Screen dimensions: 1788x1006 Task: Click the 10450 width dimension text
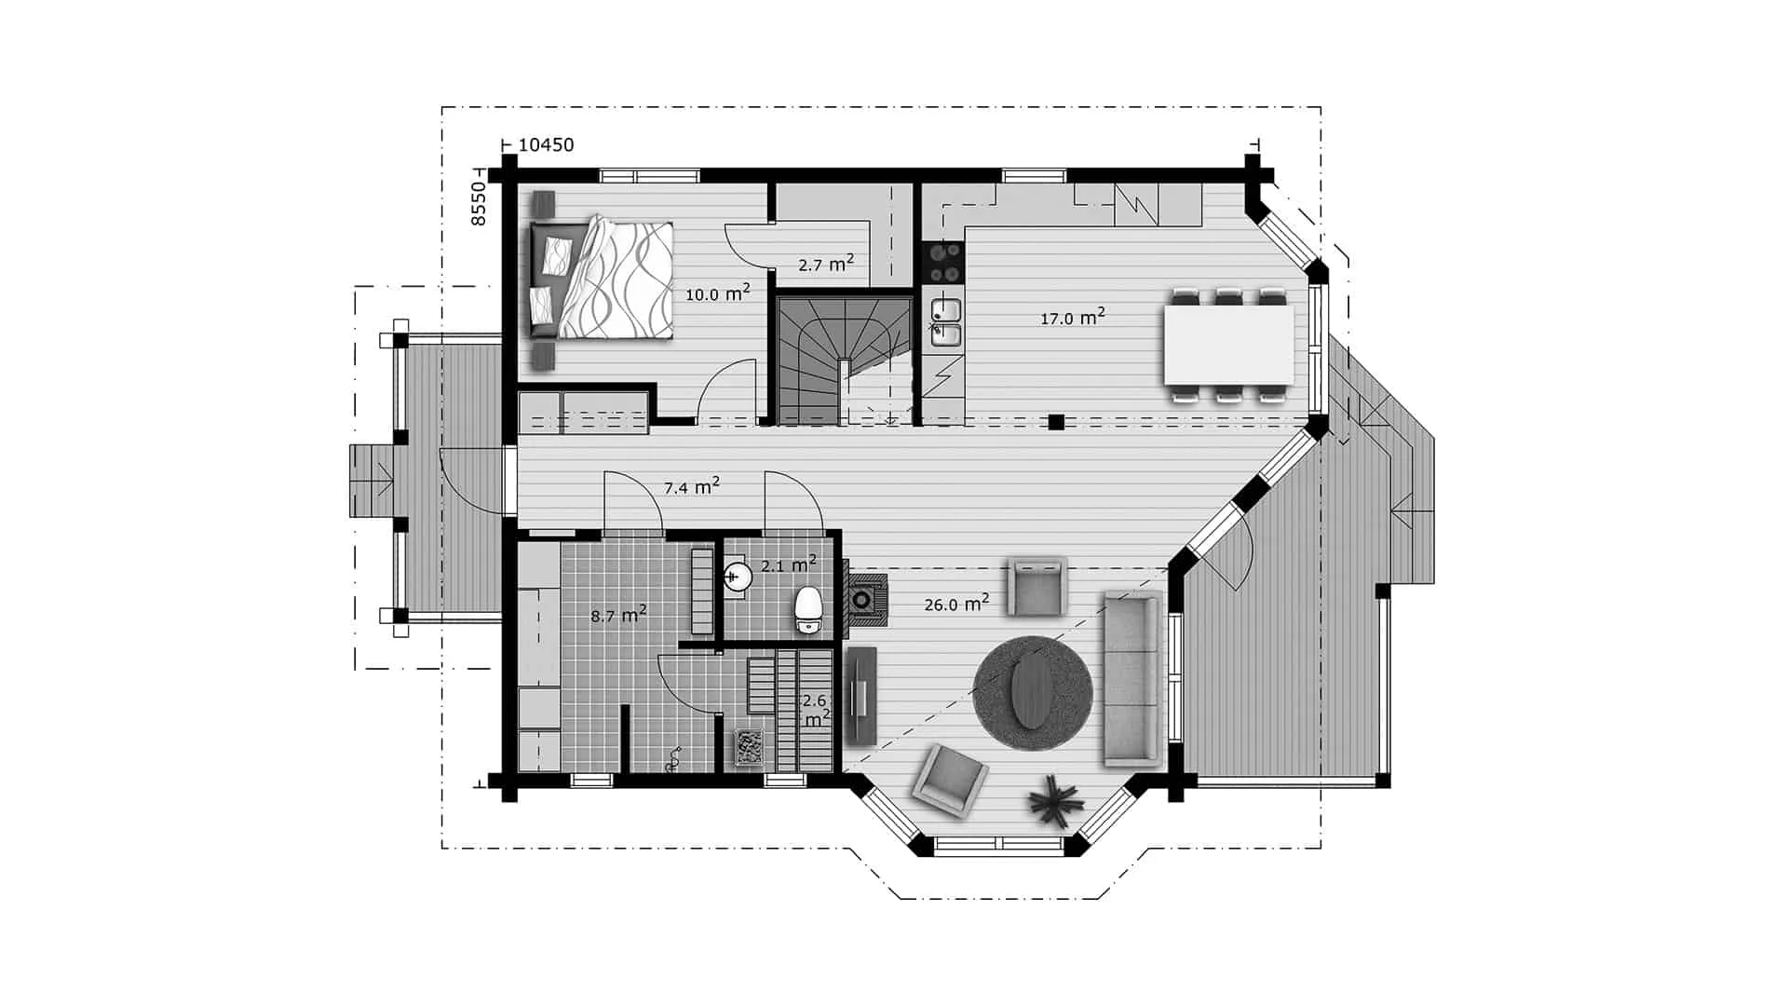point(546,144)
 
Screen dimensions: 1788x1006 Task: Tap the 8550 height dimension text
point(478,204)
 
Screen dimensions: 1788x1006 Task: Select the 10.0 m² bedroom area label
point(718,293)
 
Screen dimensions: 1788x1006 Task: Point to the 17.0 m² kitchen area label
point(1073,317)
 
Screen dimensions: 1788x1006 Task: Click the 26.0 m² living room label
point(956,604)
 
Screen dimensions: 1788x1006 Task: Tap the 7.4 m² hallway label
point(691,485)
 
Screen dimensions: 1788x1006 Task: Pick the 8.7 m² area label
point(619,614)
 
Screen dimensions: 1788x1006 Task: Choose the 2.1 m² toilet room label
point(789,564)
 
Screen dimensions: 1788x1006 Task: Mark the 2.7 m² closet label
point(826,264)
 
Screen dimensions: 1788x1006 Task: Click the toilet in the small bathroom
point(807,609)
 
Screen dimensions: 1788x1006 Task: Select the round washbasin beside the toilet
point(738,578)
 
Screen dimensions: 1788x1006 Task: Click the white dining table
point(1228,346)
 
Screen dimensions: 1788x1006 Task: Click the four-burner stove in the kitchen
point(943,262)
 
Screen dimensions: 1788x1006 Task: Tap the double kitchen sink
point(944,321)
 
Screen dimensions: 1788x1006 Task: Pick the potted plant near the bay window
point(1055,800)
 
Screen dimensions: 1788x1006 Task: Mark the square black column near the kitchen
point(1055,422)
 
